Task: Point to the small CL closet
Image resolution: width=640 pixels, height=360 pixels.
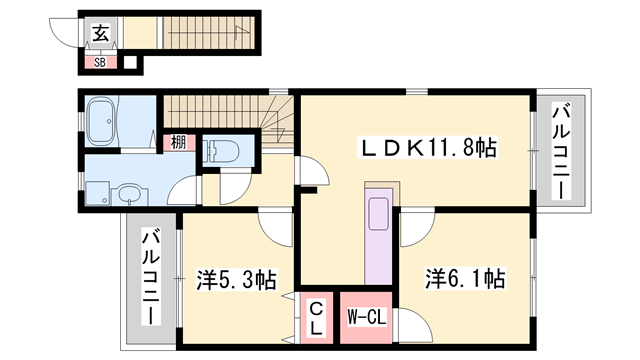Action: [315, 317]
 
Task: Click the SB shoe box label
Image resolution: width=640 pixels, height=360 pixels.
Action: [99, 62]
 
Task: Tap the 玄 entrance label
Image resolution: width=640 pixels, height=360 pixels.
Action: [102, 33]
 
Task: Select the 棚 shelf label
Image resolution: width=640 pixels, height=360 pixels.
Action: [176, 143]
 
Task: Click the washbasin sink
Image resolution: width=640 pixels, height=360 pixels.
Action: [127, 192]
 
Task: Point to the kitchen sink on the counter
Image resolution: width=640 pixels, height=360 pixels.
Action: [380, 214]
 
